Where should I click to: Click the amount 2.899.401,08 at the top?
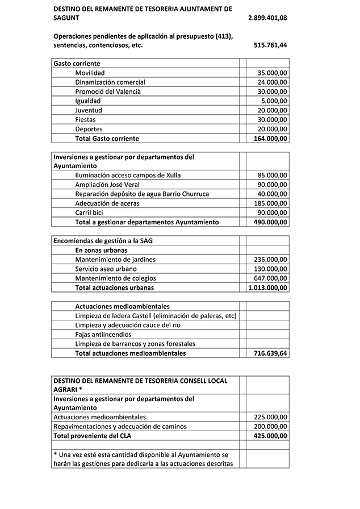pyautogui.click(x=267, y=19)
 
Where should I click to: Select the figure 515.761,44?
pyautogui.click(x=270, y=45)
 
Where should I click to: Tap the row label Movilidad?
pyautogui.click(x=90, y=73)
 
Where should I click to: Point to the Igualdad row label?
pyautogui.click(x=87, y=101)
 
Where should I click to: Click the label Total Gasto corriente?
pyautogui.click(x=107, y=139)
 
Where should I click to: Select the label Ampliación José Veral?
pyautogui.click(x=107, y=185)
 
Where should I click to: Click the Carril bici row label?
pyautogui.click(x=89, y=212)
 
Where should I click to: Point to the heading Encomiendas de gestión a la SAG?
pyautogui.click(x=103, y=241)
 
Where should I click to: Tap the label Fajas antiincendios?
pyautogui.click(x=103, y=335)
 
